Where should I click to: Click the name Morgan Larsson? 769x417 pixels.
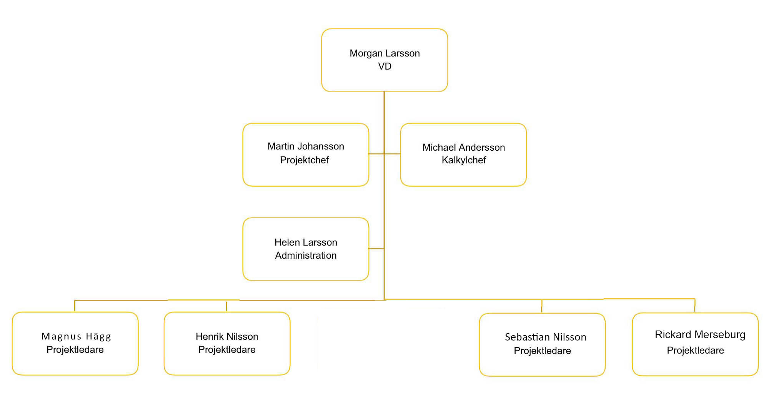click(384, 53)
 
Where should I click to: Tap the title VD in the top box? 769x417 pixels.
click(384, 66)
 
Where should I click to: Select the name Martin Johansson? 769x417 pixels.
click(306, 146)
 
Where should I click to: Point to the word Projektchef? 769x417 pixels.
click(305, 160)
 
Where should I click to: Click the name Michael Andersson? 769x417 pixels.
click(464, 148)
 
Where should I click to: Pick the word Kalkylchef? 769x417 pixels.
click(464, 160)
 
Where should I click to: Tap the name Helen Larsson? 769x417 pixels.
click(306, 243)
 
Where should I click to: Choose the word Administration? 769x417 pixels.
click(306, 256)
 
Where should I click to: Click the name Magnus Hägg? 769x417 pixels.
click(76, 337)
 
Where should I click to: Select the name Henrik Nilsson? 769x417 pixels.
click(227, 337)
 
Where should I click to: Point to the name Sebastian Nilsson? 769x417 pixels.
click(546, 337)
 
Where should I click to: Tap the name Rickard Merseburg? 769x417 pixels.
click(700, 335)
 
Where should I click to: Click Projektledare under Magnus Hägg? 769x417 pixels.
click(75, 350)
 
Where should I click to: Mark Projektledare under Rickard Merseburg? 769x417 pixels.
click(695, 351)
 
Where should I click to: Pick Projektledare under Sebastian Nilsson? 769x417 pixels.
click(542, 351)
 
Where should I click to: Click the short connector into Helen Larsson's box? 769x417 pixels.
click(376, 249)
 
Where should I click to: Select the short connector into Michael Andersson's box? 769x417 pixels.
click(392, 154)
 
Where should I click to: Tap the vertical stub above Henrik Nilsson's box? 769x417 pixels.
click(226, 306)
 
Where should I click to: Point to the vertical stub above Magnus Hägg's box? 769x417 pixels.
click(75, 306)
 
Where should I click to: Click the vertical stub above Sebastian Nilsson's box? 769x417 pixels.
click(542, 306)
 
